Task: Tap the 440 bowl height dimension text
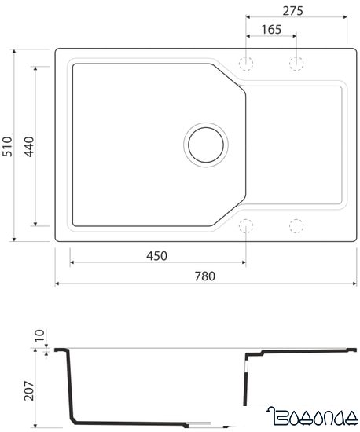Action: pos(29,146)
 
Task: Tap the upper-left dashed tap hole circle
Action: pos(246,62)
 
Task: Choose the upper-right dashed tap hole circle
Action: pos(296,62)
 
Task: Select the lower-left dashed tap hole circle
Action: pos(246,227)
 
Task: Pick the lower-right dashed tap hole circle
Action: pos(296,227)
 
